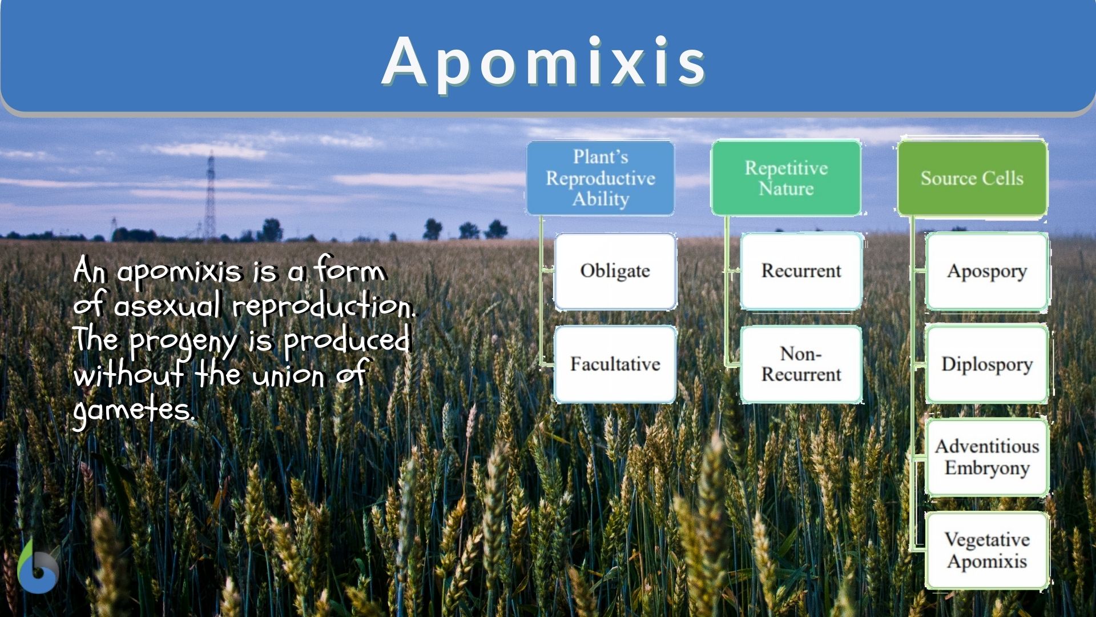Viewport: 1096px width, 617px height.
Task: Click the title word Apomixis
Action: (544, 62)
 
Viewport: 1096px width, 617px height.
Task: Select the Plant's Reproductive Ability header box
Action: (601, 178)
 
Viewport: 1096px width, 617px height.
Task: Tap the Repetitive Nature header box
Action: (786, 178)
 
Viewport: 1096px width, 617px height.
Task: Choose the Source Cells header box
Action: (972, 178)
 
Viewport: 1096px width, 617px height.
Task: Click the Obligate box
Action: (615, 271)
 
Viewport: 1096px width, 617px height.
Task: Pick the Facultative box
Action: (615, 364)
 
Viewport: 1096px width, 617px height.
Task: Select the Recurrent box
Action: (801, 271)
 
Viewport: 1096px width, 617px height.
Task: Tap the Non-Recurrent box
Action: (801, 364)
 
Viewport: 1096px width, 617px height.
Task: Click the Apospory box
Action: (987, 271)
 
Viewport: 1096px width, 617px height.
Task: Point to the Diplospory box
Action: (987, 364)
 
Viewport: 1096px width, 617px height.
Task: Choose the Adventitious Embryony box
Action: (987, 457)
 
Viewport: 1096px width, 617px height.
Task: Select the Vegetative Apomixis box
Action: (987, 550)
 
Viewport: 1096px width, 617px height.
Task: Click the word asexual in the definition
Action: (167, 305)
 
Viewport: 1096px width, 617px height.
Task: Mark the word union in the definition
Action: (288, 375)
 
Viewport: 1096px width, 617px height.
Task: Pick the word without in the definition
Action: (128, 374)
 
